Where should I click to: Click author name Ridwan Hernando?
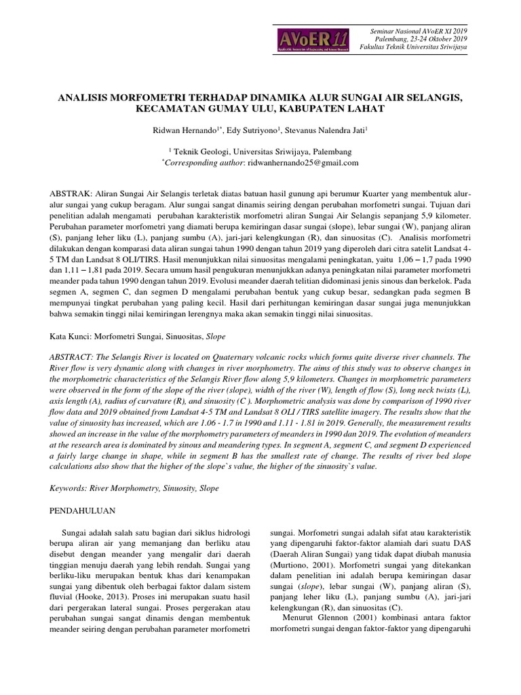(185, 130)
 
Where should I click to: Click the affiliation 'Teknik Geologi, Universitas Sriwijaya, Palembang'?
(262, 152)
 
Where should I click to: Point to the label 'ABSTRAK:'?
(72, 193)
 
